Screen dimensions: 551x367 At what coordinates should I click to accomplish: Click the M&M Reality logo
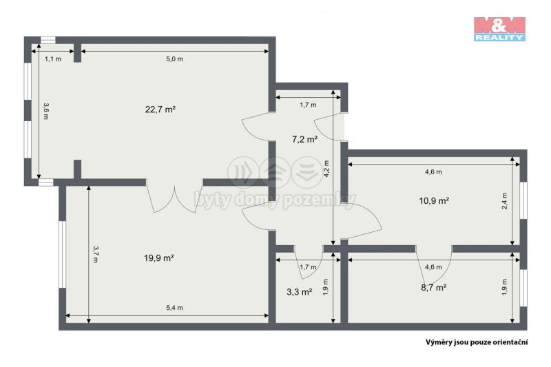[499, 29]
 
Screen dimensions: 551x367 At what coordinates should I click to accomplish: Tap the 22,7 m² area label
[160, 109]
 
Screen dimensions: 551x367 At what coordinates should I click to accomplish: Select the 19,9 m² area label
[159, 258]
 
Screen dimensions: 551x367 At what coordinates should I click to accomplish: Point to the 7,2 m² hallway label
[304, 139]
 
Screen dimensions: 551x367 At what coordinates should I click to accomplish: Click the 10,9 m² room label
[434, 200]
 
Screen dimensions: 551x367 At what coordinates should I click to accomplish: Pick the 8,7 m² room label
[434, 288]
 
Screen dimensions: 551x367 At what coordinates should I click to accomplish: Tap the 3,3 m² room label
[300, 292]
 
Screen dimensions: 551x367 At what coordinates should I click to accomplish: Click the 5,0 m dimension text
[175, 59]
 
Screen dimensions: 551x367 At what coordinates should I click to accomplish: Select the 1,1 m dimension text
[53, 59]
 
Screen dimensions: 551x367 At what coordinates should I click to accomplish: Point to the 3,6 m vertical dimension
[45, 111]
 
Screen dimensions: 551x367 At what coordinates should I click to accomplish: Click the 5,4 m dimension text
[175, 308]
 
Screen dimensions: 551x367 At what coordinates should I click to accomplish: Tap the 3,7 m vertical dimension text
[96, 254]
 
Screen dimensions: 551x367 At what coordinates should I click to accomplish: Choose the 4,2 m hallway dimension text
[326, 169]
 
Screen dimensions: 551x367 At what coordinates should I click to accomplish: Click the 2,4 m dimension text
[504, 201]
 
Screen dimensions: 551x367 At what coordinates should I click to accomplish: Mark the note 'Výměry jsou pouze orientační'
[477, 342]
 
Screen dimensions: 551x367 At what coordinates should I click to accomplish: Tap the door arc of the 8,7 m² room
[434, 264]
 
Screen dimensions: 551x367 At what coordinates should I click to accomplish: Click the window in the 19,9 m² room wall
[62, 254]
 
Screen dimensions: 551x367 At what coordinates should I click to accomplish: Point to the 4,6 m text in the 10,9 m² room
[433, 172]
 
